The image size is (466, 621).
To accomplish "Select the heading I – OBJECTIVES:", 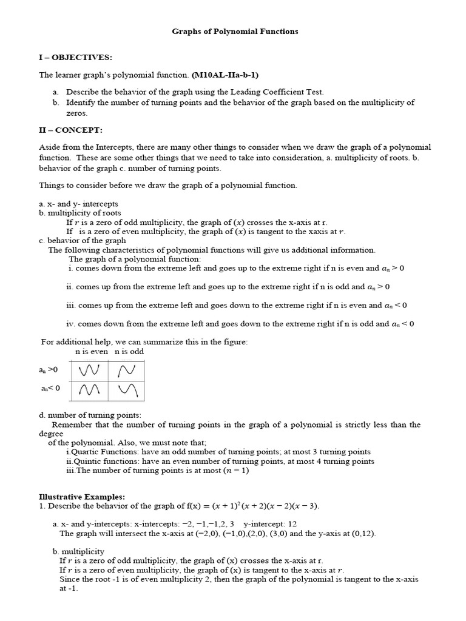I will (75, 57).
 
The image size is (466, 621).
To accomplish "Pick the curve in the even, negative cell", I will (89, 391).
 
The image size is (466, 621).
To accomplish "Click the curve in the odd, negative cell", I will (127, 391).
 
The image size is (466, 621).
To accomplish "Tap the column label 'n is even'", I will (92, 351).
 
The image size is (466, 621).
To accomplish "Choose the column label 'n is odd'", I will (129, 351).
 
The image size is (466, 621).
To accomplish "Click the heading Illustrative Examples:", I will (82, 497).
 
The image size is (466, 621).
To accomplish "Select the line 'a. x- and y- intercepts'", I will (78, 204).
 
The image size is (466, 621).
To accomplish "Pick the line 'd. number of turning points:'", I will (90, 415).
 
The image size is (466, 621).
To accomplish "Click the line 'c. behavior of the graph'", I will (82, 240).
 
